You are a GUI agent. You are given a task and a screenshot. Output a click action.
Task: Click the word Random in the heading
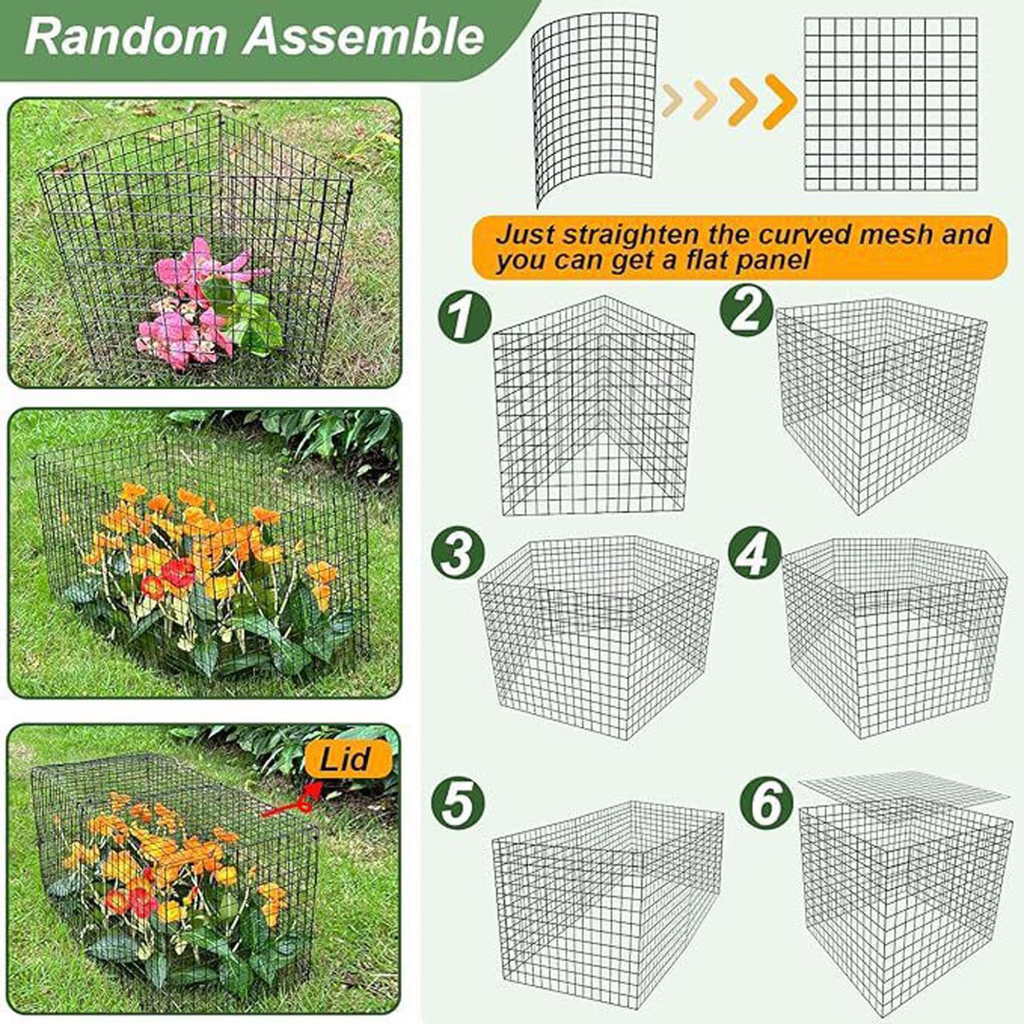(126, 37)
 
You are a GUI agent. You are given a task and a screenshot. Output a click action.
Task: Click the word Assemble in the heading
(363, 37)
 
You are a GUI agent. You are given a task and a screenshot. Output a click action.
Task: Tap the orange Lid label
(348, 760)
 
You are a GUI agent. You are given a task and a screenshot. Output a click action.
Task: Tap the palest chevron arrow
(674, 100)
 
